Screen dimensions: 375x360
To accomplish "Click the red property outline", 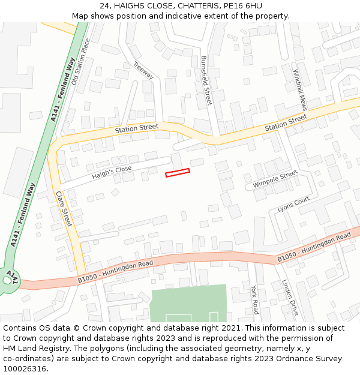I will [x=178, y=173].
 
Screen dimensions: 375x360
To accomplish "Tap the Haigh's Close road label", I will [x=112, y=173].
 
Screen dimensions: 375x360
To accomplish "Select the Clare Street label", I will [x=64, y=209].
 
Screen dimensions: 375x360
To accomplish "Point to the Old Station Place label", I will [x=80, y=62].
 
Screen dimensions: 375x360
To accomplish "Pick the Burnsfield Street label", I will [x=206, y=80].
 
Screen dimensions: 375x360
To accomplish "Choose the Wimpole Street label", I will [x=275, y=179].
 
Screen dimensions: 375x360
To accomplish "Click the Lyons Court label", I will [x=293, y=204].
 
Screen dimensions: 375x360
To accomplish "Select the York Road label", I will [x=254, y=299].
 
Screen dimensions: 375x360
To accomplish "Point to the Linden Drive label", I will [x=290, y=298].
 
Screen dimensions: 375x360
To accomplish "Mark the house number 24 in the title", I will [x=103, y=6].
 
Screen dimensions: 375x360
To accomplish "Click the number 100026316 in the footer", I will [x=26, y=368].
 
